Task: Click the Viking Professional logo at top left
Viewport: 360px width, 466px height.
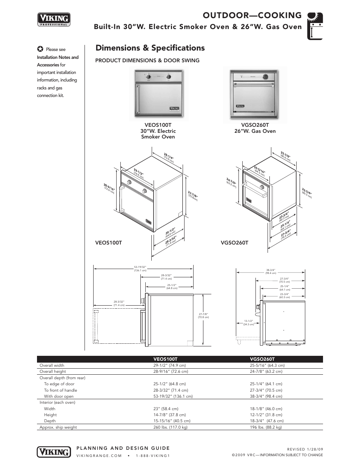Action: pyautogui.click(x=54, y=19)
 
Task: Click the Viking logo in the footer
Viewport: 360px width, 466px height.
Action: pyautogui.click(x=54, y=451)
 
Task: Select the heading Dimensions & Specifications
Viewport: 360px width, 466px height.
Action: pyautogui.click(x=150, y=48)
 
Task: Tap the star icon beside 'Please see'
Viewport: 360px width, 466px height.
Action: pyautogui.click(x=40, y=49)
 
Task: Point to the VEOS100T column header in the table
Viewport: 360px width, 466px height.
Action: pyautogui.click(x=165, y=359)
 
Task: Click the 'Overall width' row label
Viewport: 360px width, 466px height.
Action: pyautogui.click(x=52, y=365)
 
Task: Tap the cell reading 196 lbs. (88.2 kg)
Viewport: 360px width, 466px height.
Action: pyautogui.click(x=266, y=428)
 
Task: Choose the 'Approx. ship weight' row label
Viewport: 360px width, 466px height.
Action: pyautogui.click(x=58, y=428)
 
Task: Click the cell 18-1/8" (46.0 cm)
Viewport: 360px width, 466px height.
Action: pyautogui.click(x=266, y=409)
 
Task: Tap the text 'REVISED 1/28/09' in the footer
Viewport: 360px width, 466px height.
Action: pyautogui.click(x=305, y=449)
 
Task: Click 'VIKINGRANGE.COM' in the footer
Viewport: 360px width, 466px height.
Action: pyautogui.click(x=99, y=455)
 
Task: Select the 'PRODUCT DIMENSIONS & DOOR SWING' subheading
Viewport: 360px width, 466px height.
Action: pyautogui.click(x=147, y=60)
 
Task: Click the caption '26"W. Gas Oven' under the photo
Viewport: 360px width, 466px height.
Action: pyautogui.click(x=255, y=131)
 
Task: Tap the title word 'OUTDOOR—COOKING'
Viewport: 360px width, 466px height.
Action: pyautogui.click(x=252, y=15)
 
